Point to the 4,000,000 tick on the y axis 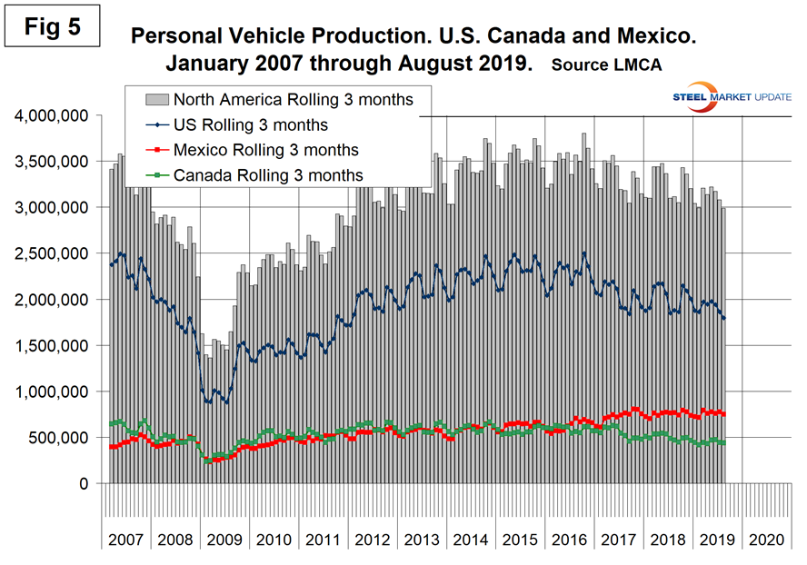click(x=51, y=116)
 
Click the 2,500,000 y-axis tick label click(x=51, y=253)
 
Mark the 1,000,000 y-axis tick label click(x=51, y=392)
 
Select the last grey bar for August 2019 click(x=723, y=345)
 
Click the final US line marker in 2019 click(x=723, y=318)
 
